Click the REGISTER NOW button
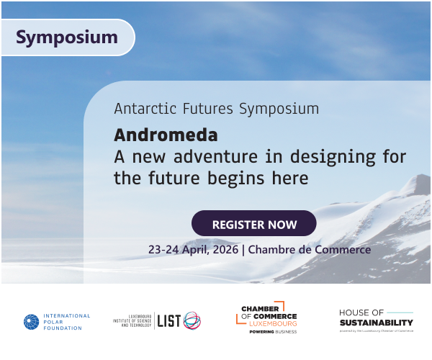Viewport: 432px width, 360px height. click(253, 224)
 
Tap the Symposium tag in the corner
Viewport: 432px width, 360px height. click(66, 37)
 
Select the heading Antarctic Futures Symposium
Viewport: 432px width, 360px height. click(216, 109)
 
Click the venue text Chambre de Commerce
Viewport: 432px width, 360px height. click(310, 250)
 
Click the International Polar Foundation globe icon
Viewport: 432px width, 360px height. click(31, 322)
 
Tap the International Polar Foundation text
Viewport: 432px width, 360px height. click(67, 322)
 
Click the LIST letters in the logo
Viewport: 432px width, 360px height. click(168, 321)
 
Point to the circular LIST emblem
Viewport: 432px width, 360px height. click(192, 321)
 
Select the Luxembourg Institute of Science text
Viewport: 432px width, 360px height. click(132, 321)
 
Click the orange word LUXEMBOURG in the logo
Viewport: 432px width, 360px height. click(269, 323)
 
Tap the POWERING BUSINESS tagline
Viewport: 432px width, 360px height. click(269, 332)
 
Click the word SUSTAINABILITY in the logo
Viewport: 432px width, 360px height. click(376, 323)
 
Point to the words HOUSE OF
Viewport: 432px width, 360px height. click(361, 312)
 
